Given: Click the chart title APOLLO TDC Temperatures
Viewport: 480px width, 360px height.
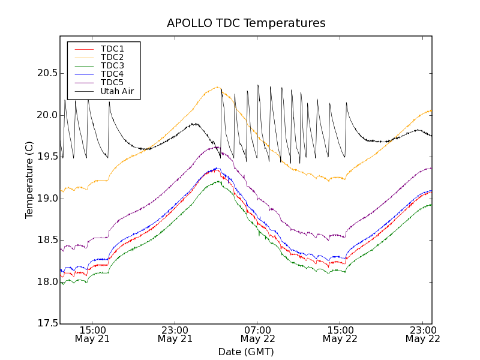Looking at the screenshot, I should point(246,23).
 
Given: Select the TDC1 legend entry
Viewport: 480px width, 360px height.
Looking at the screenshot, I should point(112,49).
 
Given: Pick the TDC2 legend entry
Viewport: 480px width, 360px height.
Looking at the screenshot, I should point(112,57).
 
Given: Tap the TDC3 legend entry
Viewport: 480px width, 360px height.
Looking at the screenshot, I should point(112,65).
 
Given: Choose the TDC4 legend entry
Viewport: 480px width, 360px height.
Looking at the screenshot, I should point(112,74).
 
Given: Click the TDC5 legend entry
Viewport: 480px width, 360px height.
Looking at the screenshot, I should point(112,83).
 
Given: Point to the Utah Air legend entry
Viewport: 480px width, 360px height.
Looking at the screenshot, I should point(117,92).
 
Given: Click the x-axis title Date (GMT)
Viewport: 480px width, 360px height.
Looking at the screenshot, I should point(246,352).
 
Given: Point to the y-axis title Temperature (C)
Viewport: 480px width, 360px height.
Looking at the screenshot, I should point(29,180).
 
